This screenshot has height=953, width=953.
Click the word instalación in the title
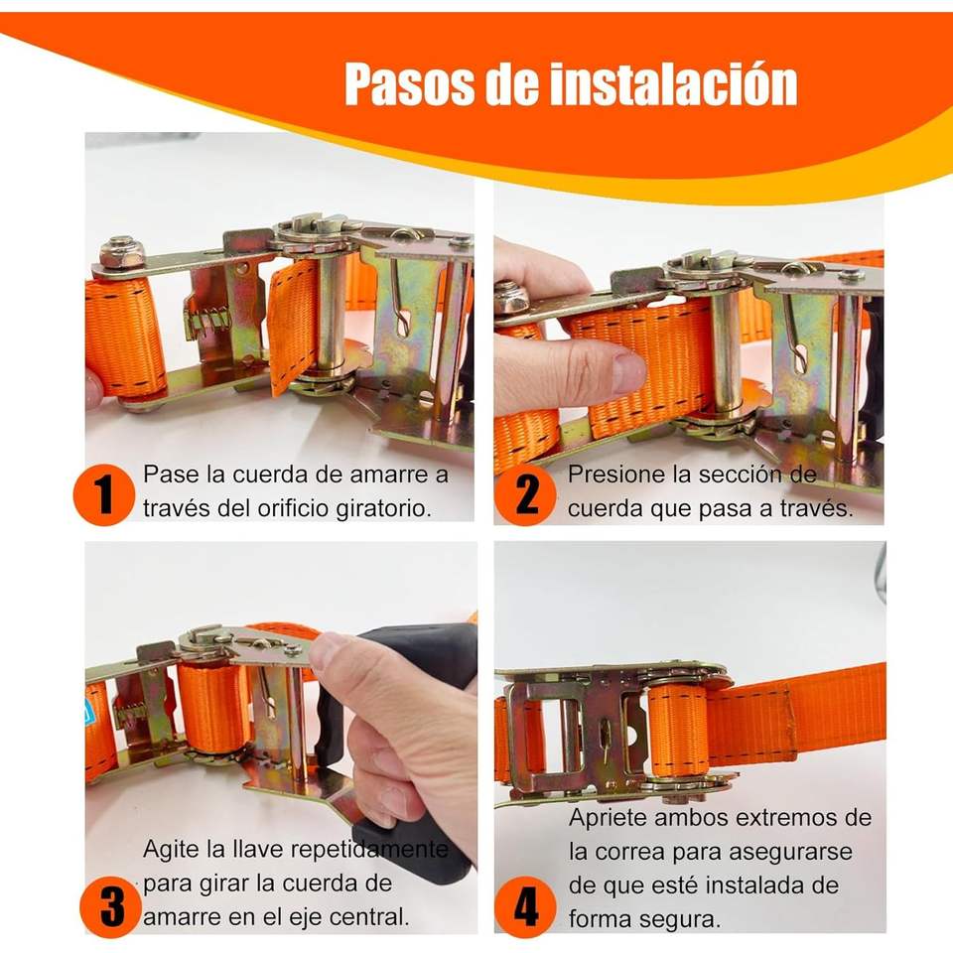(x=673, y=83)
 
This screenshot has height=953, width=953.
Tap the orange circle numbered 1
(x=103, y=494)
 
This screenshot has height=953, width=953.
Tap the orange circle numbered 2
(x=525, y=494)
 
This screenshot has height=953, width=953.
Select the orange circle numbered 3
(x=111, y=906)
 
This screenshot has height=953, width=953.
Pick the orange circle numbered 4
(x=525, y=906)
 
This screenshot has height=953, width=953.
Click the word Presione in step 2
(x=610, y=475)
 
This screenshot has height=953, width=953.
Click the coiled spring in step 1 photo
(x=206, y=322)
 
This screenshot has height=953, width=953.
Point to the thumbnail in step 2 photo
(x=628, y=371)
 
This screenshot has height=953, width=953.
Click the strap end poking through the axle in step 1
(x=293, y=326)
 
